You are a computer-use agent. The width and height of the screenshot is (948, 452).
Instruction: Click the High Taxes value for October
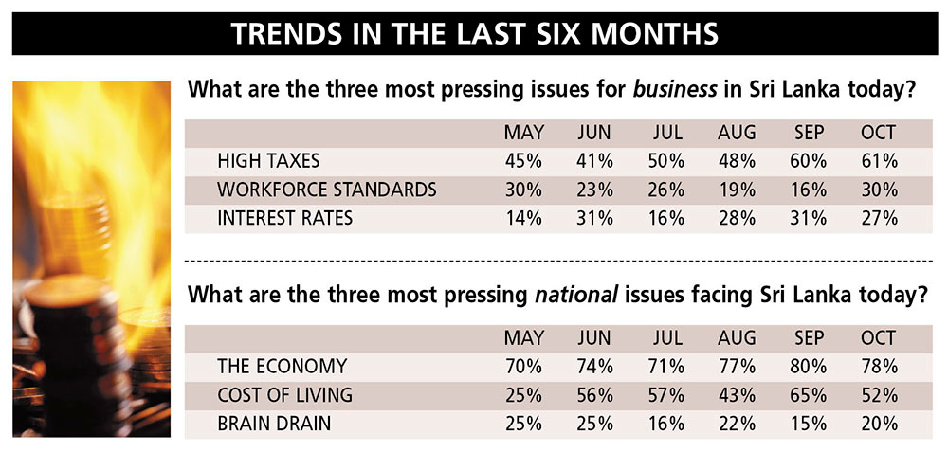tap(879, 160)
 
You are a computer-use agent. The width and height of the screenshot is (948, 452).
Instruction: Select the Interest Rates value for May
tap(523, 218)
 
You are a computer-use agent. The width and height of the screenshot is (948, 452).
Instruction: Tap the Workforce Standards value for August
tap(738, 190)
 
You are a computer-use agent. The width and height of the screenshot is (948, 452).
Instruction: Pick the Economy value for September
tap(809, 366)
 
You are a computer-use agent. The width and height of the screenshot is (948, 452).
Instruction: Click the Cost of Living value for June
tap(595, 394)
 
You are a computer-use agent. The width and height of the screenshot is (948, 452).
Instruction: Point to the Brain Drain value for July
tap(665, 424)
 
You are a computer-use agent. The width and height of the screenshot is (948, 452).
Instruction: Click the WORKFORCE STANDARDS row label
tap(327, 190)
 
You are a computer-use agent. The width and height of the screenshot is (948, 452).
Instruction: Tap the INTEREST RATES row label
tap(284, 218)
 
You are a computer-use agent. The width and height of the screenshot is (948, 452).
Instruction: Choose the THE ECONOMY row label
tap(282, 366)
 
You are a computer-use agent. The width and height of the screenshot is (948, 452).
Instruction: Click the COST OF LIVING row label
tap(285, 394)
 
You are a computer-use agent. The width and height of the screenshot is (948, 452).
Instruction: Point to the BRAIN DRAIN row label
tap(274, 424)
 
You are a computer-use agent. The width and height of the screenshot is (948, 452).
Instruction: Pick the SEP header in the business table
tap(809, 132)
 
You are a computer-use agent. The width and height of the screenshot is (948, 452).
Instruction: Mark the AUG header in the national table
tap(738, 337)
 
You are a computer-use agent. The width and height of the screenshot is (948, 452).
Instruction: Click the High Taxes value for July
tap(665, 160)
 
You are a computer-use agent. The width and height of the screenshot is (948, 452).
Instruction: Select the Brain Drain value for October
tap(879, 424)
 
